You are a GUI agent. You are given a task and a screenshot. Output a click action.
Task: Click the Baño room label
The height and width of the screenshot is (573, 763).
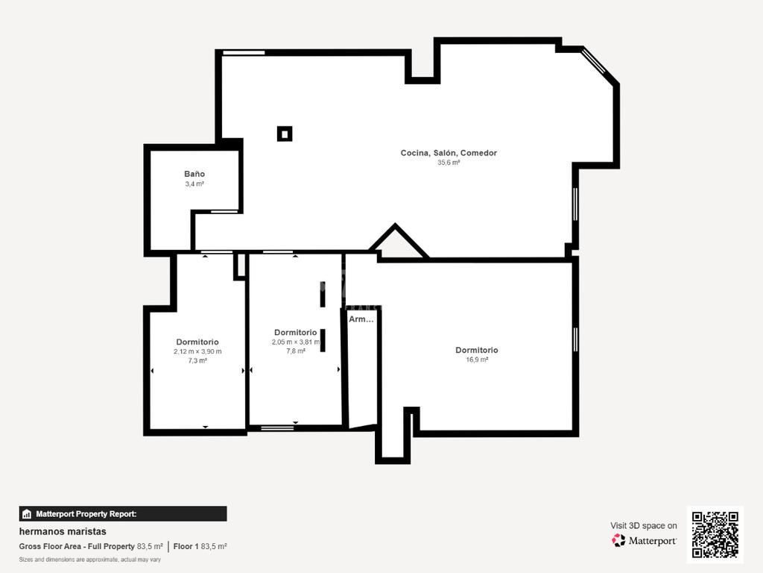pyautogui.click(x=194, y=174)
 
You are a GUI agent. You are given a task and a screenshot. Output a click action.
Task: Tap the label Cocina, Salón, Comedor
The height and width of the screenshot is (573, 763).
pyautogui.click(x=449, y=153)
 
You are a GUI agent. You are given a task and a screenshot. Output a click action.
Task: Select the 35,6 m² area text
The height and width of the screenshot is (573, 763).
pyautogui.click(x=449, y=163)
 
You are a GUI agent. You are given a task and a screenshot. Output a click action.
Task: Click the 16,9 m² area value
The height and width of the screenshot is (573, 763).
pyautogui.click(x=477, y=360)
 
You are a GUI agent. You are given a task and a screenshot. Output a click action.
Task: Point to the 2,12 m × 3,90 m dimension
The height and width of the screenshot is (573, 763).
pyautogui.click(x=197, y=351)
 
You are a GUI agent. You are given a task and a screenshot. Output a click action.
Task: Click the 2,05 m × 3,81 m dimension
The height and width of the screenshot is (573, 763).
pyautogui.click(x=295, y=342)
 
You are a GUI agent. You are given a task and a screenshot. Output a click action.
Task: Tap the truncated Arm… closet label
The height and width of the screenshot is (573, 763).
pyautogui.click(x=361, y=319)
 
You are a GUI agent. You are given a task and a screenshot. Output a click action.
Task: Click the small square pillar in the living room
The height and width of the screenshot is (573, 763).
pyautogui.click(x=285, y=134)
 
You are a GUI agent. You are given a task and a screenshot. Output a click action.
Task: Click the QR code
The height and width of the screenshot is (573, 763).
pyautogui.click(x=715, y=534)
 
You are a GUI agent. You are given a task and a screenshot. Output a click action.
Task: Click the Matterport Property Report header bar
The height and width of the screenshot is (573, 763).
pyautogui.click(x=123, y=514)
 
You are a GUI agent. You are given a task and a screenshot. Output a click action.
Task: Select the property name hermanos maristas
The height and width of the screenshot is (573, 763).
pyautogui.click(x=63, y=531)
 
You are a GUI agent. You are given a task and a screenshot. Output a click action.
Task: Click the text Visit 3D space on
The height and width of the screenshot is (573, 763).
pyautogui.click(x=643, y=526)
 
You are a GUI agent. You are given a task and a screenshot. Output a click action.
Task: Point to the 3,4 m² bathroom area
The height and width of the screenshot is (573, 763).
pyautogui.click(x=194, y=184)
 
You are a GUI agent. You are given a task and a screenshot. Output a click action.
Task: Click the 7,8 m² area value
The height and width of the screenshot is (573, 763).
pyautogui.click(x=295, y=351)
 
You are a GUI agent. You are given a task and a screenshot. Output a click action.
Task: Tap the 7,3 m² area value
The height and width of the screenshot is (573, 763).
pyautogui.click(x=197, y=360)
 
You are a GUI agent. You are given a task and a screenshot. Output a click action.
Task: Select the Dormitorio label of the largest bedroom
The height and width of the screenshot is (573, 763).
pyautogui.click(x=477, y=350)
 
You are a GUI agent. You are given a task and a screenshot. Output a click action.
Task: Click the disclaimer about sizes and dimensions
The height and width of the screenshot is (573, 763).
pyautogui.click(x=90, y=560)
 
